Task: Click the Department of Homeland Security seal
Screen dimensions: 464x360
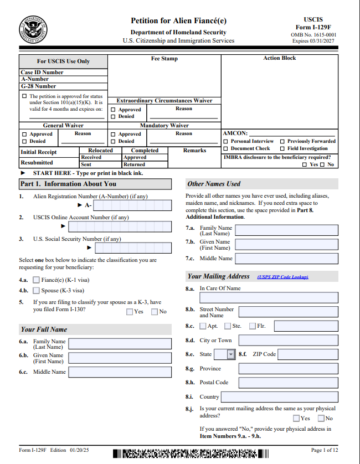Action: pos(33,30)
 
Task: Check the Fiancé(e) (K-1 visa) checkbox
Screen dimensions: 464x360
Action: pos(37,280)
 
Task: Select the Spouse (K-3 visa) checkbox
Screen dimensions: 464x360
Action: pos(37,290)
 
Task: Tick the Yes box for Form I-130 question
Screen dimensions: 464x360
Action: pos(130,312)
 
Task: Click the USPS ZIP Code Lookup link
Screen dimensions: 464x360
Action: pos(282,277)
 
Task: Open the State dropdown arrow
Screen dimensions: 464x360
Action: pos(231,354)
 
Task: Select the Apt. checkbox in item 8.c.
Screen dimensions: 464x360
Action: pos(203,326)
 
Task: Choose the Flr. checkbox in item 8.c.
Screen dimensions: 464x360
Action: pos(253,326)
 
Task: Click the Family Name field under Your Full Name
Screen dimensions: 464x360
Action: pos(120,344)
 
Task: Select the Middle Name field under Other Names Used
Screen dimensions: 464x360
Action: pos(286,259)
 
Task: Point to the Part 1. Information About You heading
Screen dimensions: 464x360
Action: pos(68,184)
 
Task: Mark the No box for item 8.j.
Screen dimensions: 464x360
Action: pos(321,419)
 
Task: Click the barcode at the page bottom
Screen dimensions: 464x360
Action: pos(191,454)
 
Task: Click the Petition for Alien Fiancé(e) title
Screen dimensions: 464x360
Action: pos(178,21)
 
